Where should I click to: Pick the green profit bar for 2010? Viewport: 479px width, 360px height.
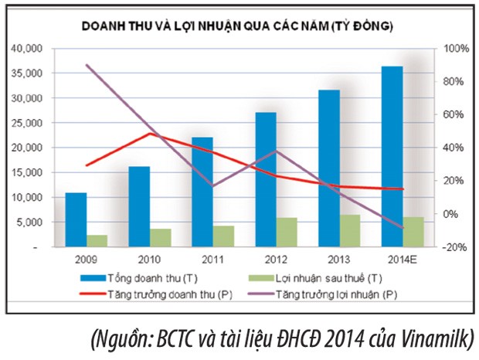tap(161, 238)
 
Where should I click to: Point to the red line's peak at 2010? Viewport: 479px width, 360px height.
tap(150, 134)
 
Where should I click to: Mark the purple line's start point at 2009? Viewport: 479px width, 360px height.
tap(87, 66)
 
